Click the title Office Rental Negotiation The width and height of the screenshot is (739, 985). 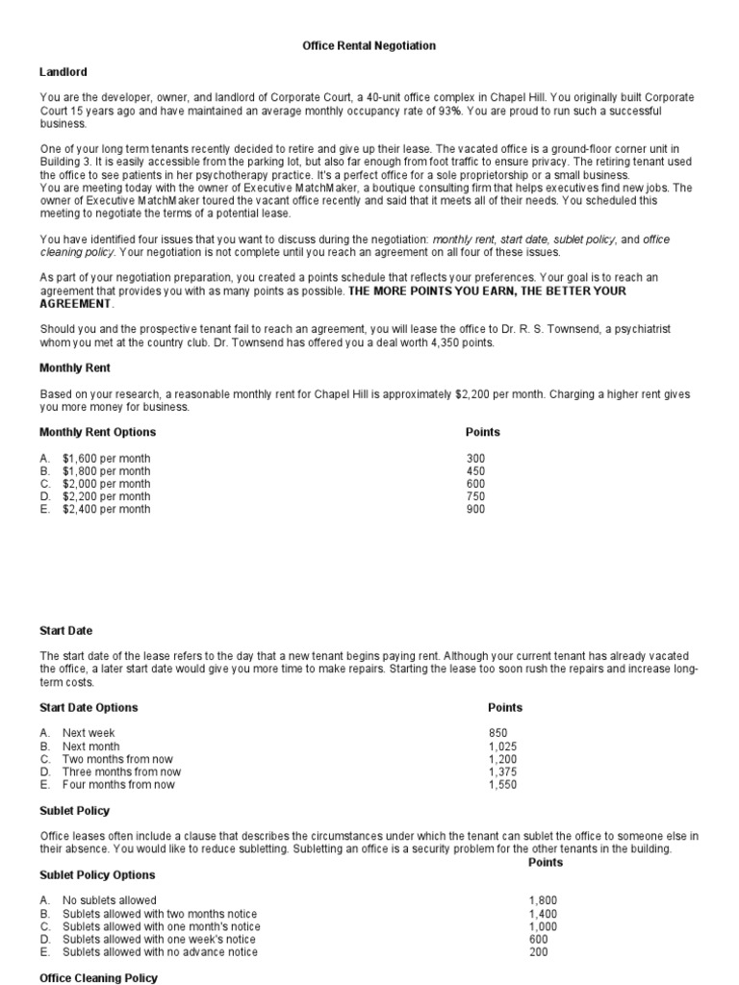click(x=369, y=45)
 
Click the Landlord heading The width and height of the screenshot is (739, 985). click(x=63, y=72)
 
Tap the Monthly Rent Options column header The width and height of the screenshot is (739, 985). click(x=97, y=433)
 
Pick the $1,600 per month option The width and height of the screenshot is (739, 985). click(x=106, y=459)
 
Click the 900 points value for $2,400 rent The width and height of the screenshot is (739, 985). click(x=475, y=509)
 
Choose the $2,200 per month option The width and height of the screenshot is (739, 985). click(x=106, y=496)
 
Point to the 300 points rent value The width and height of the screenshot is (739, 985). click(x=475, y=459)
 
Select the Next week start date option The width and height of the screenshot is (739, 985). click(x=89, y=733)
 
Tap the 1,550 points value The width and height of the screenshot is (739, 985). click(x=503, y=785)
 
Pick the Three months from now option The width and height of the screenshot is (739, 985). click(x=121, y=771)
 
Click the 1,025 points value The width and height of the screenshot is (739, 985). click(x=503, y=746)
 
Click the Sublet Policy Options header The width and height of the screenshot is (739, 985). click(x=97, y=875)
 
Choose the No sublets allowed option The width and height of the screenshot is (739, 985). click(x=109, y=901)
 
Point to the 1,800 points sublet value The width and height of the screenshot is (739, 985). click(x=543, y=901)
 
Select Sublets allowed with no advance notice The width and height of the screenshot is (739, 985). click(x=160, y=952)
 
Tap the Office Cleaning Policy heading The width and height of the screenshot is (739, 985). click(x=98, y=978)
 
